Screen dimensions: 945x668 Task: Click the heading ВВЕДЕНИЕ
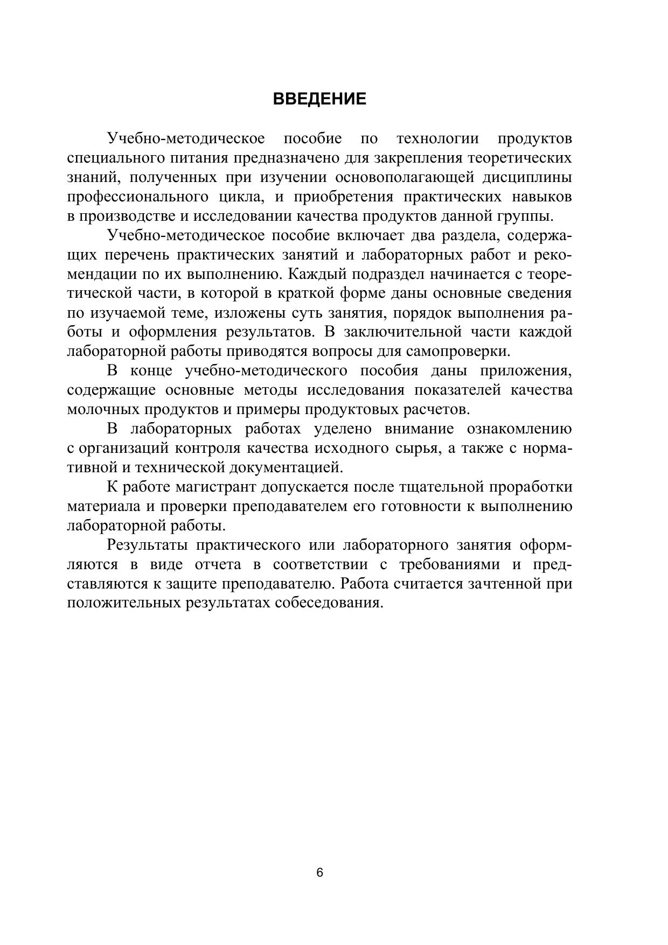coord(319,99)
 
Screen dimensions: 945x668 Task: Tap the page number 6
coord(319,873)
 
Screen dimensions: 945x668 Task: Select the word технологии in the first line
coord(437,139)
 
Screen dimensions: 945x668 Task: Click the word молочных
coord(103,410)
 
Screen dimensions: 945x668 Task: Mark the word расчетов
coord(436,410)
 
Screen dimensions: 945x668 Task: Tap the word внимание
coord(419,430)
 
